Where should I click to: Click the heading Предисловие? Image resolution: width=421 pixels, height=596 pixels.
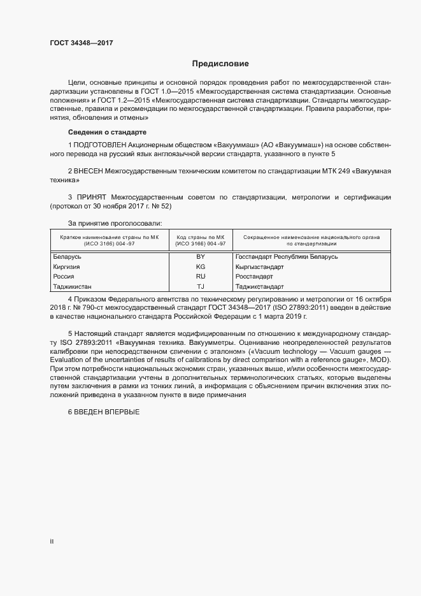coord(220,64)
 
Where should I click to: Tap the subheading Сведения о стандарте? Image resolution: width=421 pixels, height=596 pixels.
coord(107,132)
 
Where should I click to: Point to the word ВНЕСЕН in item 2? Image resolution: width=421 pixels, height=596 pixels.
coord(89,172)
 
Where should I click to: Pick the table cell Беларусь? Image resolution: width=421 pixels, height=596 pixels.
coord(68,257)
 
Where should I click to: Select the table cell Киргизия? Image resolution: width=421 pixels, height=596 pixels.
coord(68,266)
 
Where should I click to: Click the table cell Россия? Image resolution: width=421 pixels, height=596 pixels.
coord(64,277)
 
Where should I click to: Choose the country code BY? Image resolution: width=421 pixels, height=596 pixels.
coord(201,257)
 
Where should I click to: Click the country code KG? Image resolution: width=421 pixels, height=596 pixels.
coord(201,266)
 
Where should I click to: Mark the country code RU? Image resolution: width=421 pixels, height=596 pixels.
coord(201,277)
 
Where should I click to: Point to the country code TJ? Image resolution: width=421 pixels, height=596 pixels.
coord(201,287)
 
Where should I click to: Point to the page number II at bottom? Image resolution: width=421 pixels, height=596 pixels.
coord(52,541)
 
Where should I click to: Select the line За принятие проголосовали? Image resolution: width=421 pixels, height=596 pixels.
coord(115,223)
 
